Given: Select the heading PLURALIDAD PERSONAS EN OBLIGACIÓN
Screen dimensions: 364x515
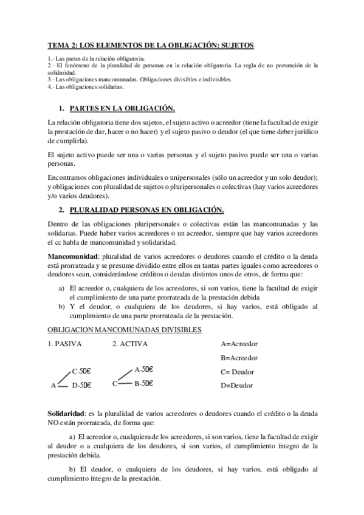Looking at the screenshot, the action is tap(146, 211).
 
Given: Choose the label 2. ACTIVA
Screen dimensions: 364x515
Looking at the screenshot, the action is tap(130, 344).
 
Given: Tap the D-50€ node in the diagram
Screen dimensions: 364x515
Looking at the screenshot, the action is tap(81, 384).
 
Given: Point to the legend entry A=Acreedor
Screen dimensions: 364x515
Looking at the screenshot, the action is tap(239, 344).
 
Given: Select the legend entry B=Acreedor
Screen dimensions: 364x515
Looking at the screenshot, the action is tap(239, 358).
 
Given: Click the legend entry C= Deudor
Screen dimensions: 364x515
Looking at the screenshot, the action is tap(237, 372).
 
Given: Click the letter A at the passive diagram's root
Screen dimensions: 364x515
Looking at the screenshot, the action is tap(53, 385).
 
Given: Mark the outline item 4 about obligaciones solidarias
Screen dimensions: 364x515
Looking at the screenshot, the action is tap(86, 87).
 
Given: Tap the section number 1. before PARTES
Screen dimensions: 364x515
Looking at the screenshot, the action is tap(61, 109).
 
